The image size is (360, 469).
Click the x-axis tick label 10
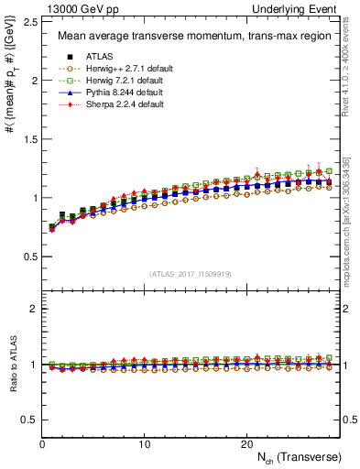click(x=145, y=444)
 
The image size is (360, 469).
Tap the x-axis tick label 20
click(x=246, y=444)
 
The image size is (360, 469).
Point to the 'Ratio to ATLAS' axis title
click(x=12, y=365)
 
